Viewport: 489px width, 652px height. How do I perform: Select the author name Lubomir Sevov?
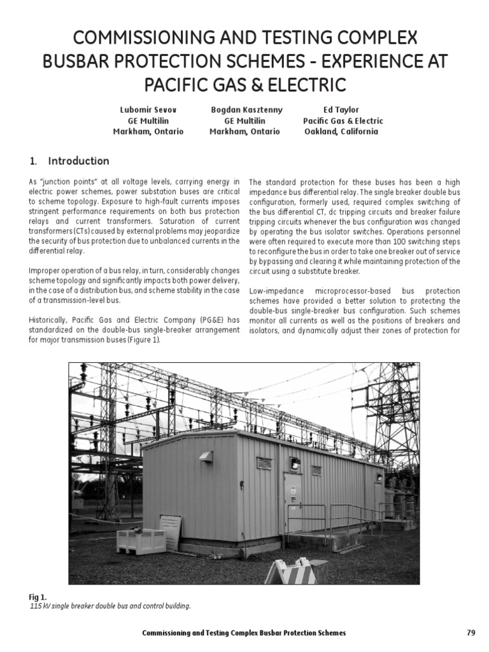pos(148,110)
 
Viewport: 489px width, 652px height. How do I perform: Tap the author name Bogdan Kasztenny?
pos(246,110)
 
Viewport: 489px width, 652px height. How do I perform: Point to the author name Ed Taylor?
pos(341,110)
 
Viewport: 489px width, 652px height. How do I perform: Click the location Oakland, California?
pos(341,131)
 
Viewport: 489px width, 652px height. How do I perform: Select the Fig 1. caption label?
pos(38,597)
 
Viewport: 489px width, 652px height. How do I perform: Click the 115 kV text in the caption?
pos(40,606)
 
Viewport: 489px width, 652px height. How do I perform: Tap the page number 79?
pos(471,632)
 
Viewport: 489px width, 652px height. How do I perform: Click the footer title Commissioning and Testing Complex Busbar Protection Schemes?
pos(244,632)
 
